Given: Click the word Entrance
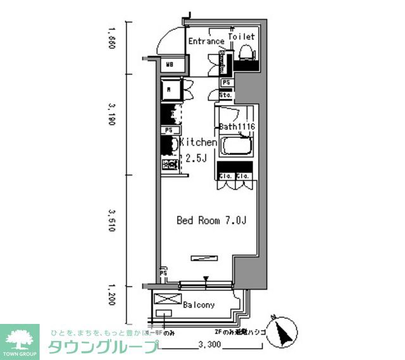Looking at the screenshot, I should pos(206,42).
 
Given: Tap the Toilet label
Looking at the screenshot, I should pos(241,37).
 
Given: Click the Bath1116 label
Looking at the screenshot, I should pos(237,127).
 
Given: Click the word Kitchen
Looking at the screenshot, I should pos(199,143).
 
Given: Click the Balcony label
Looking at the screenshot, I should pos(199,304).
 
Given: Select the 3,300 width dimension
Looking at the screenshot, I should pos(210,345).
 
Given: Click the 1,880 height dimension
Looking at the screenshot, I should pos(112,40).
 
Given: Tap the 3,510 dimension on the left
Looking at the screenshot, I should pos(112,220).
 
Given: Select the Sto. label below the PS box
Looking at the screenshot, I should pos(226,94).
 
